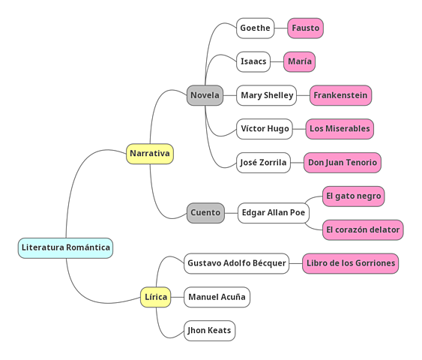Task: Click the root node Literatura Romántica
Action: point(65,247)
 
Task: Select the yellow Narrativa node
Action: point(149,154)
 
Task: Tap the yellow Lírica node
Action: point(155,297)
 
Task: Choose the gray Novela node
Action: point(205,95)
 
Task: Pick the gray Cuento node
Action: point(205,213)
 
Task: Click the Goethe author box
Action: point(255,28)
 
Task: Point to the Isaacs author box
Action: point(253,61)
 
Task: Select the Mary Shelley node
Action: point(266,95)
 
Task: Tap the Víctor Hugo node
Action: point(264,129)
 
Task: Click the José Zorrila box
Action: point(263,163)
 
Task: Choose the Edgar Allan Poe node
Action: point(273,213)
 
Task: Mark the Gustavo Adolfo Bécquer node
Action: point(236,263)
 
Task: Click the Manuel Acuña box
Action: point(217,297)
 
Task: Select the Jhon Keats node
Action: point(209,331)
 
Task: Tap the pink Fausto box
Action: point(305,28)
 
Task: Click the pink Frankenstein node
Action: point(340,95)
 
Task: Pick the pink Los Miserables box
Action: point(339,129)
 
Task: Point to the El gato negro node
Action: point(353,196)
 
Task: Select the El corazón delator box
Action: point(363,230)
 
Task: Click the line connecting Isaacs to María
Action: point(277,61)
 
